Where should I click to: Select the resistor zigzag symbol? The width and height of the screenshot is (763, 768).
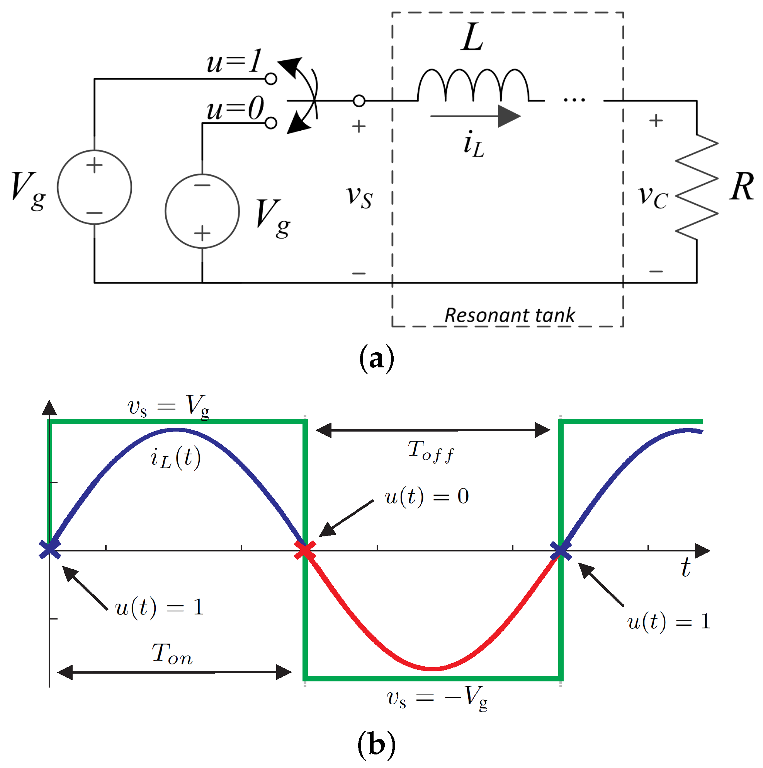(x=697, y=187)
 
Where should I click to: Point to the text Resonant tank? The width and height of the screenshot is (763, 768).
(x=510, y=315)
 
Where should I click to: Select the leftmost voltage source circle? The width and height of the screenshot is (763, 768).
(x=95, y=187)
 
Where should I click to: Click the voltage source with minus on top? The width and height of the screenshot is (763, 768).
(x=202, y=211)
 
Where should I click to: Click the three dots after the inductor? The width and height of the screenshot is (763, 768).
(x=574, y=99)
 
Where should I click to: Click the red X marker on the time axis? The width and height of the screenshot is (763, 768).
(x=305, y=551)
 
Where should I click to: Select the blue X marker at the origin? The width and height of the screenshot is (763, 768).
(x=50, y=550)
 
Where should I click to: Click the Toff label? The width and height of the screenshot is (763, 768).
(x=431, y=452)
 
